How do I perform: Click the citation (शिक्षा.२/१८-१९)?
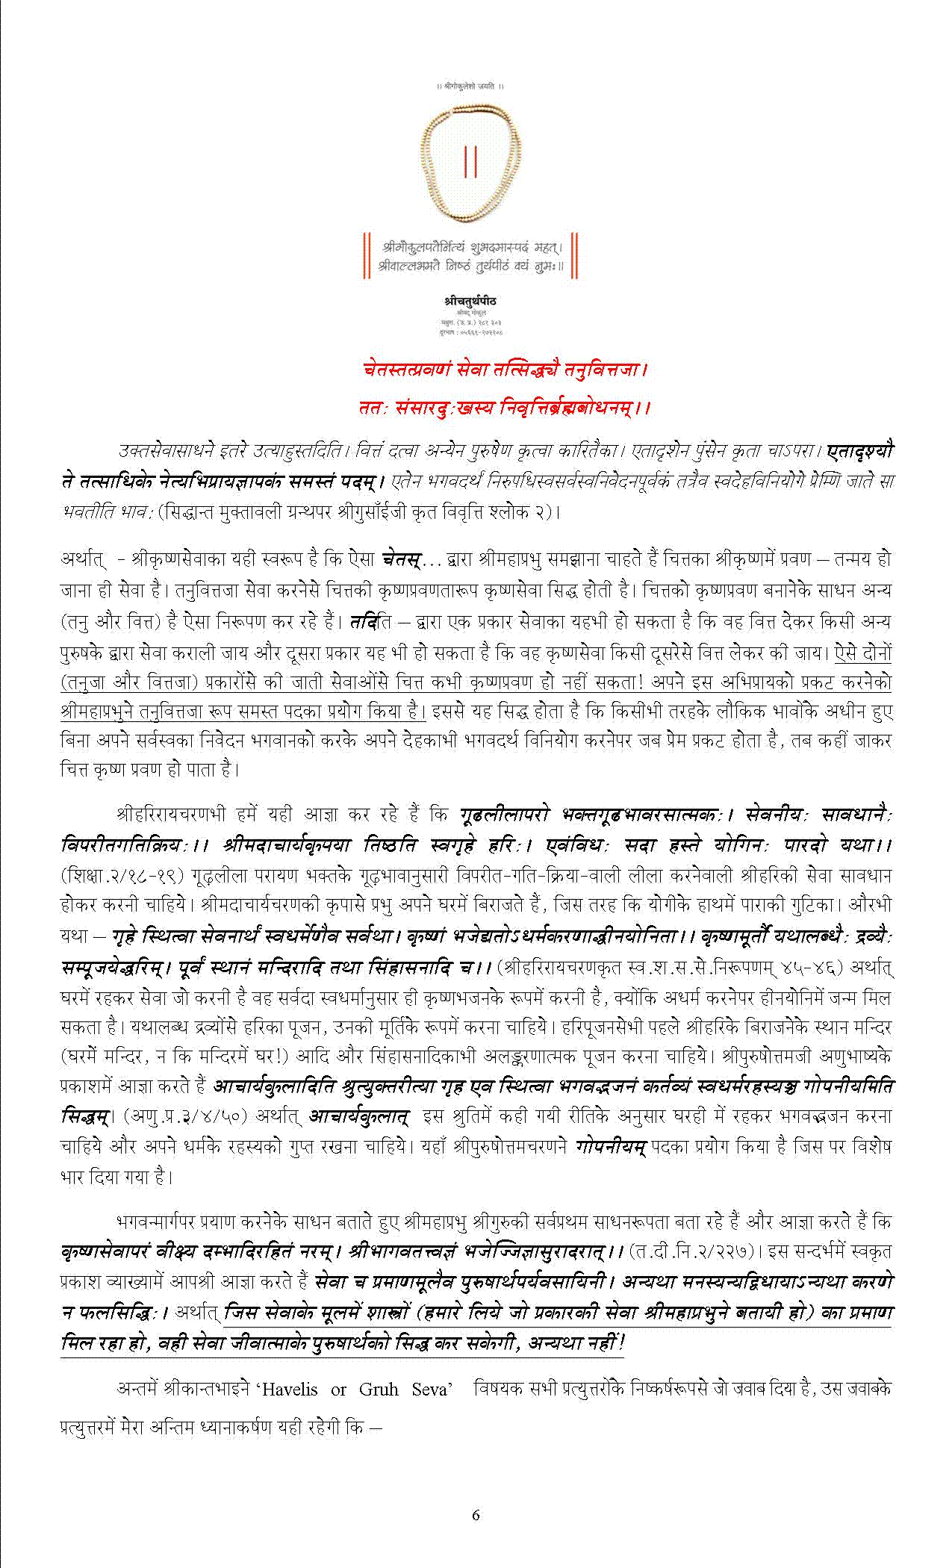tap(122, 874)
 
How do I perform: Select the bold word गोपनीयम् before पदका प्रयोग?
tap(610, 1145)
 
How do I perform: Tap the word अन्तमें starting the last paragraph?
tap(137, 1390)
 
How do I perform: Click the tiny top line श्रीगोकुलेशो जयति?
tap(470, 86)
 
